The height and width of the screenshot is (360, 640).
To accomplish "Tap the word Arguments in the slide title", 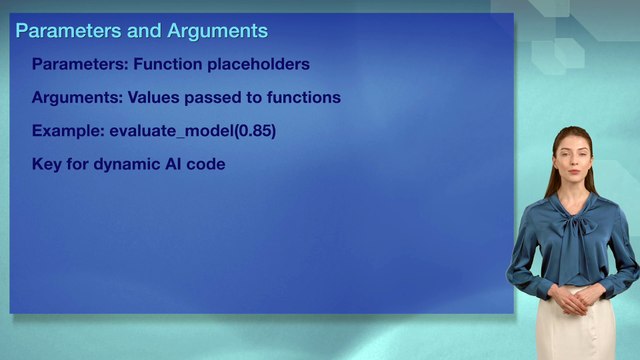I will tap(217, 31).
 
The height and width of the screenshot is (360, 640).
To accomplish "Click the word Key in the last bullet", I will tap(46, 164).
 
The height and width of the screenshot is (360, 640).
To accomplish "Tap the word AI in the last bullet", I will tap(174, 164).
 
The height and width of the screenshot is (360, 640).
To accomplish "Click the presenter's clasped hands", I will tap(571, 297).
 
